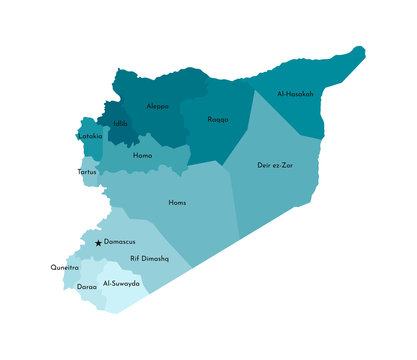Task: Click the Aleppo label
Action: [158, 106]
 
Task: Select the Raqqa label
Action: [217, 119]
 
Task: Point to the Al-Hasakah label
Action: [295, 94]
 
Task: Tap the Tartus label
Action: [87, 172]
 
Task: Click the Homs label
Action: [177, 203]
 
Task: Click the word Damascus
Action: [120, 242]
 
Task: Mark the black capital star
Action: [98, 243]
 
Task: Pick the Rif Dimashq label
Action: [150, 258]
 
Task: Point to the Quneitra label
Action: [64, 268]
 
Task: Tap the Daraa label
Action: [87, 286]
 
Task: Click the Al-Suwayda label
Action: [122, 284]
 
